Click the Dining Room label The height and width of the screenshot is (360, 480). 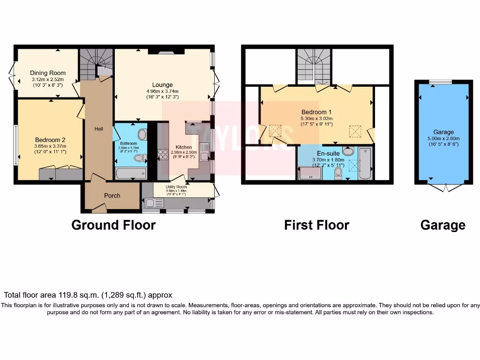[x=48, y=73]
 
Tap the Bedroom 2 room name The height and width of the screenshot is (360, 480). [x=50, y=140]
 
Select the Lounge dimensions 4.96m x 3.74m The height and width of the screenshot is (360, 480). [x=162, y=91]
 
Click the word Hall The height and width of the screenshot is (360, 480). [x=98, y=129]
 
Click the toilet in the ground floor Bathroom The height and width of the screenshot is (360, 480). [x=139, y=158]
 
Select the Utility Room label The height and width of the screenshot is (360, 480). [x=176, y=187]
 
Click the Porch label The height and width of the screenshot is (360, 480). [x=112, y=195]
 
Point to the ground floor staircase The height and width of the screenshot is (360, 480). [x=96, y=63]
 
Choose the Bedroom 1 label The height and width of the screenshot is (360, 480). [x=316, y=112]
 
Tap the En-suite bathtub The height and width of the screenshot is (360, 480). [x=365, y=164]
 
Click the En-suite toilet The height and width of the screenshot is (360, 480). [x=338, y=173]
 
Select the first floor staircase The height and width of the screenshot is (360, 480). [x=314, y=66]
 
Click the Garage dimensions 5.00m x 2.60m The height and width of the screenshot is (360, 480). [x=443, y=138]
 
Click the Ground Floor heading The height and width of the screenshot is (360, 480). [x=113, y=225]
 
